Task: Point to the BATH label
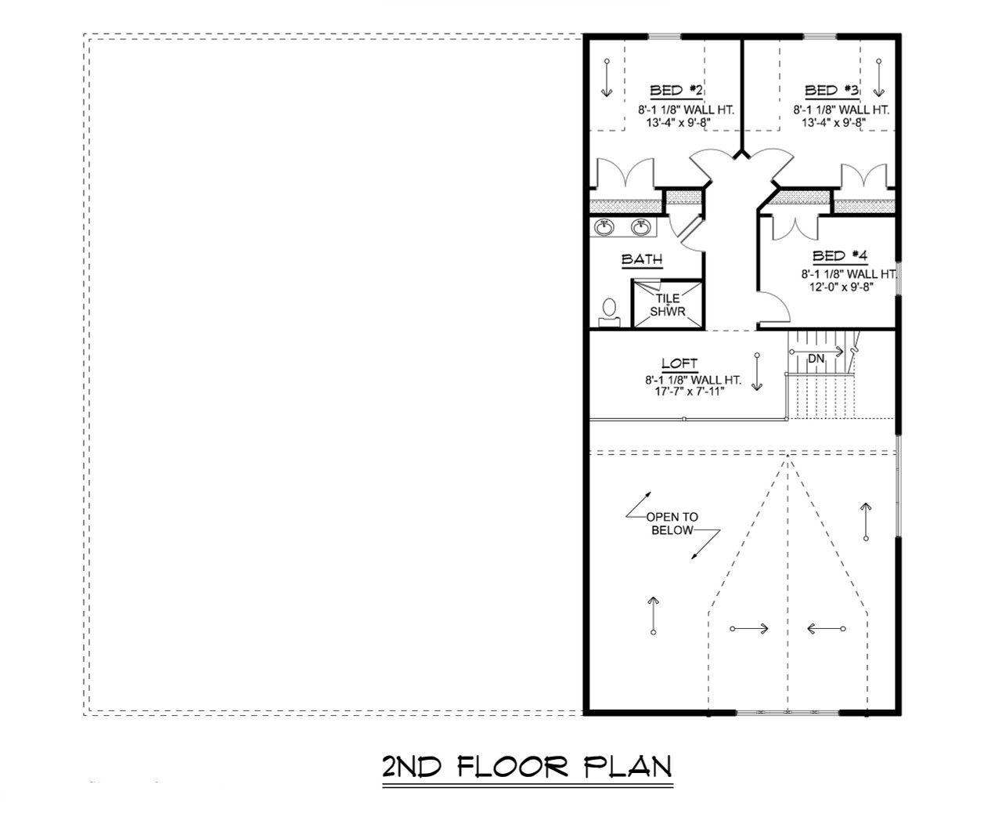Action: point(642,259)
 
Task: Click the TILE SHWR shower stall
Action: point(667,304)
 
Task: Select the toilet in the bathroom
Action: point(609,311)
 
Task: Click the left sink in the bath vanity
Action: point(604,227)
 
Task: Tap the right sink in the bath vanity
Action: point(642,227)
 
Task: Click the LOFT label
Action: point(679,363)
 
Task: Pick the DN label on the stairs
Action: point(816,358)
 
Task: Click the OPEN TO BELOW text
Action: point(672,523)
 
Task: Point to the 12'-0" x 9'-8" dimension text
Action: point(836,287)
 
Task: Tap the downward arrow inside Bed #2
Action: point(606,78)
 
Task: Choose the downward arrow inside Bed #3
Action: point(878,78)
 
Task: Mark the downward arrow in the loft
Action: point(757,372)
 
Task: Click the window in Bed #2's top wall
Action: point(663,36)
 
